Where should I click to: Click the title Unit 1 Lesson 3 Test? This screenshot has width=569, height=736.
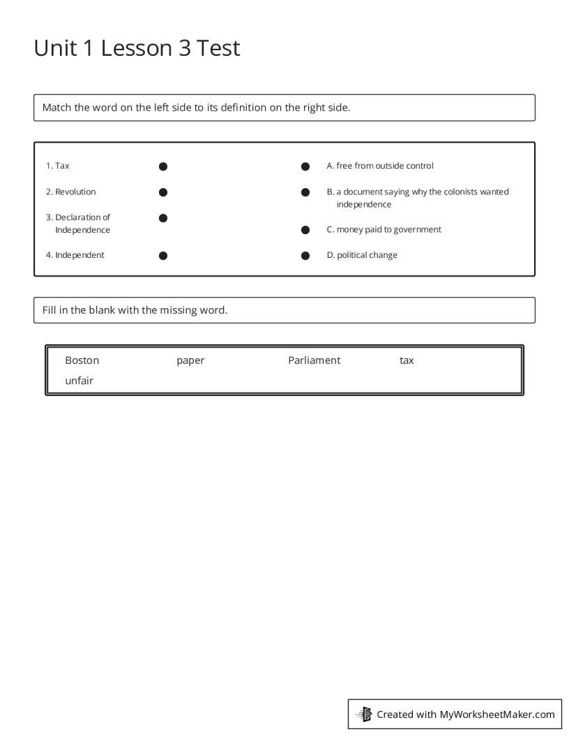pos(137,48)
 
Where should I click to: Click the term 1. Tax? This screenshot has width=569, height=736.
pos(58,166)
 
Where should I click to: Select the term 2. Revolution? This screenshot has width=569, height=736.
pos(71,192)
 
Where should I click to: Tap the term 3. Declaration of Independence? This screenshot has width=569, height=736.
pos(78,224)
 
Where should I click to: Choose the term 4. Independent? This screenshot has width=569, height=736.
pos(75,255)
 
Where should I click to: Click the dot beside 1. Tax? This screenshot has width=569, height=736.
pos(163,167)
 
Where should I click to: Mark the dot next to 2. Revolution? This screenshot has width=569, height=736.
pos(163,192)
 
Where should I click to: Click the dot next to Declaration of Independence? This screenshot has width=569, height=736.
pos(163,218)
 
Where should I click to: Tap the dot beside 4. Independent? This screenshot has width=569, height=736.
pos(163,256)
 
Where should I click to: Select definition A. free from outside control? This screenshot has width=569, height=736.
pos(380,166)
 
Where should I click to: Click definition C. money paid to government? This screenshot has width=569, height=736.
pos(384,229)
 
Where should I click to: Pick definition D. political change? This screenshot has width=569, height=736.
pos(362,255)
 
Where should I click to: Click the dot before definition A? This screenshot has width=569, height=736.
pos(305,167)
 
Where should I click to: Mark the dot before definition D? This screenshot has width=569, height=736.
pos(305,256)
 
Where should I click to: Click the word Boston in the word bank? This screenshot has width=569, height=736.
pos(82,360)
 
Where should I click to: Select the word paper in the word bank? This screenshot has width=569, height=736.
pos(190,360)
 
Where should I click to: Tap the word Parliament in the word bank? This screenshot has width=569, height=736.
pos(314,360)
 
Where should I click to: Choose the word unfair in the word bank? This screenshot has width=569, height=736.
pos(79,381)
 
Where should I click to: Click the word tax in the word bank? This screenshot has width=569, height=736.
pos(407,360)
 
